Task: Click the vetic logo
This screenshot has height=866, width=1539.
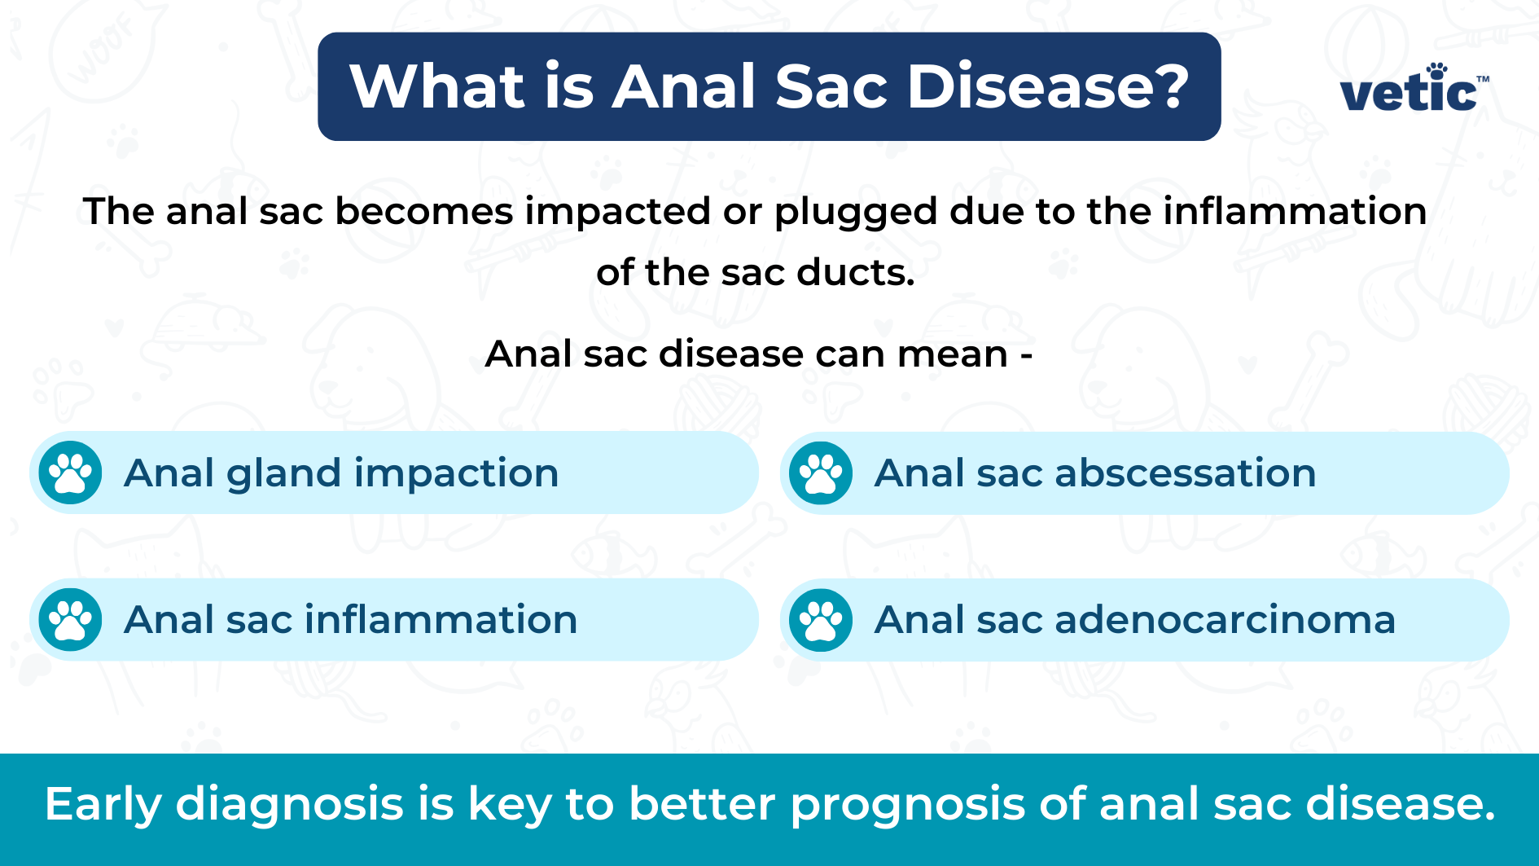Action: tap(1414, 87)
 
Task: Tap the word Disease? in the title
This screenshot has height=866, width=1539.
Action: tap(1049, 86)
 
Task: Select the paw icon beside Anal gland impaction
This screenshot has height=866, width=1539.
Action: tap(71, 473)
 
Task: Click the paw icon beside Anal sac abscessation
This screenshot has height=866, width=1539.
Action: tap(821, 473)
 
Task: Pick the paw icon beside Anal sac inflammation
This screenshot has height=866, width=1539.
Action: tap(71, 619)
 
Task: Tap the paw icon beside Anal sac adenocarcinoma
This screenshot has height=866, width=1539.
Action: tap(821, 619)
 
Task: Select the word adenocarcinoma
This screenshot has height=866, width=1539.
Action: tap(1225, 620)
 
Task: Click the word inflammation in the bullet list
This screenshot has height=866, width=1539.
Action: tap(441, 620)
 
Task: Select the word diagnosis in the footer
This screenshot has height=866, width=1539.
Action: tap(290, 806)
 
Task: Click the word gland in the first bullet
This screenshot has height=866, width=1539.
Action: tap(283, 474)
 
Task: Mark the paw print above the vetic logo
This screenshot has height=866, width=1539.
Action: tap(1436, 70)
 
